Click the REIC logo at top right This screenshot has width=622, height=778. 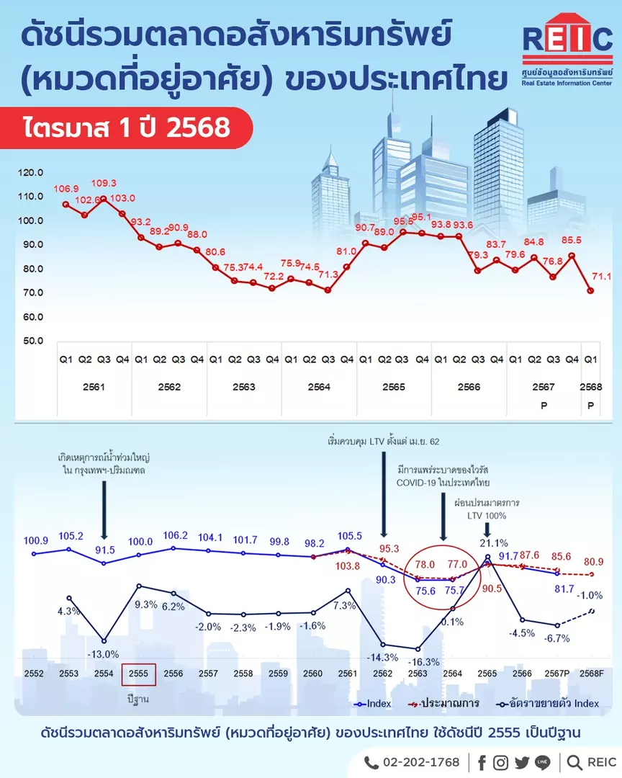(567, 50)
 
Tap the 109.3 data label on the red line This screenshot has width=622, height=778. (104, 183)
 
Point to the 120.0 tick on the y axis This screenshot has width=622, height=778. (31, 173)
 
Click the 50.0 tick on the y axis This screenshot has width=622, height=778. (33, 341)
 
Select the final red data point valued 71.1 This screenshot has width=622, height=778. (590, 291)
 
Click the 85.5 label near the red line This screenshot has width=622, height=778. (572, 240)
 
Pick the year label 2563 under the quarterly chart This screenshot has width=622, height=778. (244, 387)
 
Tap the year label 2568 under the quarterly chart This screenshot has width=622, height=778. (591, 387)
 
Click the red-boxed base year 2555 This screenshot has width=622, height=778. (138, 674)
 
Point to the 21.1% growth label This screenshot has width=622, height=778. (494, 543)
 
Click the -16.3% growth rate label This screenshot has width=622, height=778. (423, 662)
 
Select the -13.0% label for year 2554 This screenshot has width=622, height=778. (103, 654)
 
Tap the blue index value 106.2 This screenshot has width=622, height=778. (176, 535)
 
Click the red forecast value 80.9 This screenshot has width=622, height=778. (594, 562)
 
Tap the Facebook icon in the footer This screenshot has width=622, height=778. (482, 763)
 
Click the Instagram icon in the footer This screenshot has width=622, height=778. (500, 763)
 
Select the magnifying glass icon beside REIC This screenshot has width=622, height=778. (574, 763)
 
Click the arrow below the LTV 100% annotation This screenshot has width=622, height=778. (487, 529)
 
